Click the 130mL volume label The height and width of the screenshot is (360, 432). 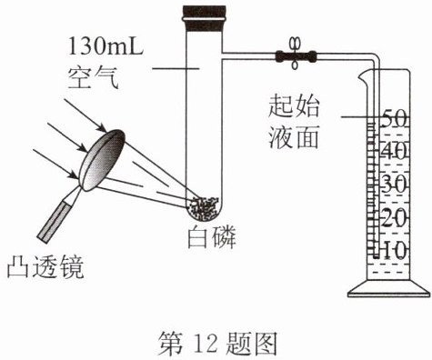[105, 47]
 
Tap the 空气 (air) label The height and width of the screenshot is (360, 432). [93, 79]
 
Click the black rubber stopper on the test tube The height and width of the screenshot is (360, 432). [204, 18]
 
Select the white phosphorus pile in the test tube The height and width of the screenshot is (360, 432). [203, 207]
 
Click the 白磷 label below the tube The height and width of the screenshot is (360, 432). [212, 237]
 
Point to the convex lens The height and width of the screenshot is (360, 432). [103, 160]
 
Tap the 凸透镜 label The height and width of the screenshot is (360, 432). [45, 266]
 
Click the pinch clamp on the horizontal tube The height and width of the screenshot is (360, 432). [295, 55]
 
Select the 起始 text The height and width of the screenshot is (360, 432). [294, 106]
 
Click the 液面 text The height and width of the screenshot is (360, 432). [294, 136]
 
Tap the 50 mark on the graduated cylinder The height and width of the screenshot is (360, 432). [394, 119]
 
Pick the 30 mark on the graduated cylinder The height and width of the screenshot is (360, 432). [394, 185]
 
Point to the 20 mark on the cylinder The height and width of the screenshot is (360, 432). [394, 217]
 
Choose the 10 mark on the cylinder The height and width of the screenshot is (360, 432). [394, 251]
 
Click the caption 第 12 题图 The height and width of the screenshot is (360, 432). [217, 343]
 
